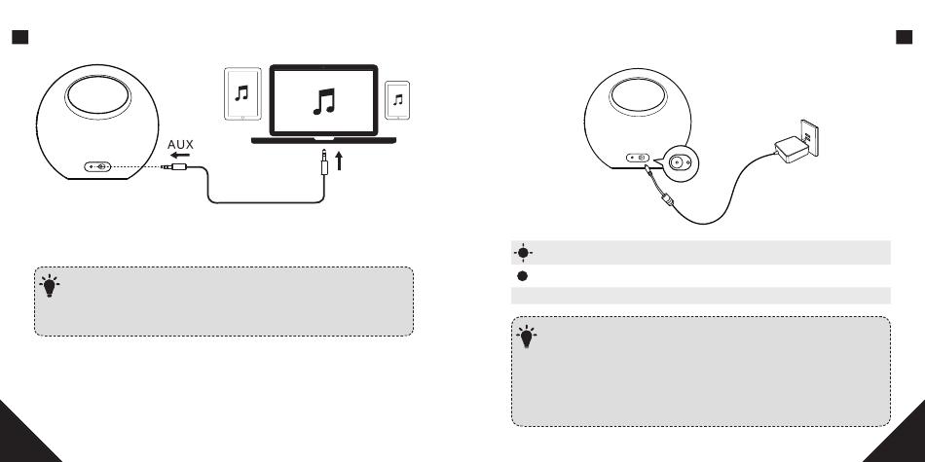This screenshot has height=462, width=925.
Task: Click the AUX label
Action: pos(181,146)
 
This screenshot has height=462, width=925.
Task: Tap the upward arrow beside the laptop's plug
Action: pos(340,160)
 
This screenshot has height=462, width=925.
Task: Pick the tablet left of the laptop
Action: pos(243,94)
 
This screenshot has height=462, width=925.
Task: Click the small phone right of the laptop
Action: pos(396,99)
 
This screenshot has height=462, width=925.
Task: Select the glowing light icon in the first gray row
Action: pos(523,252)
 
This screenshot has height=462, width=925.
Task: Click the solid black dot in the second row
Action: pos(523,275)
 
